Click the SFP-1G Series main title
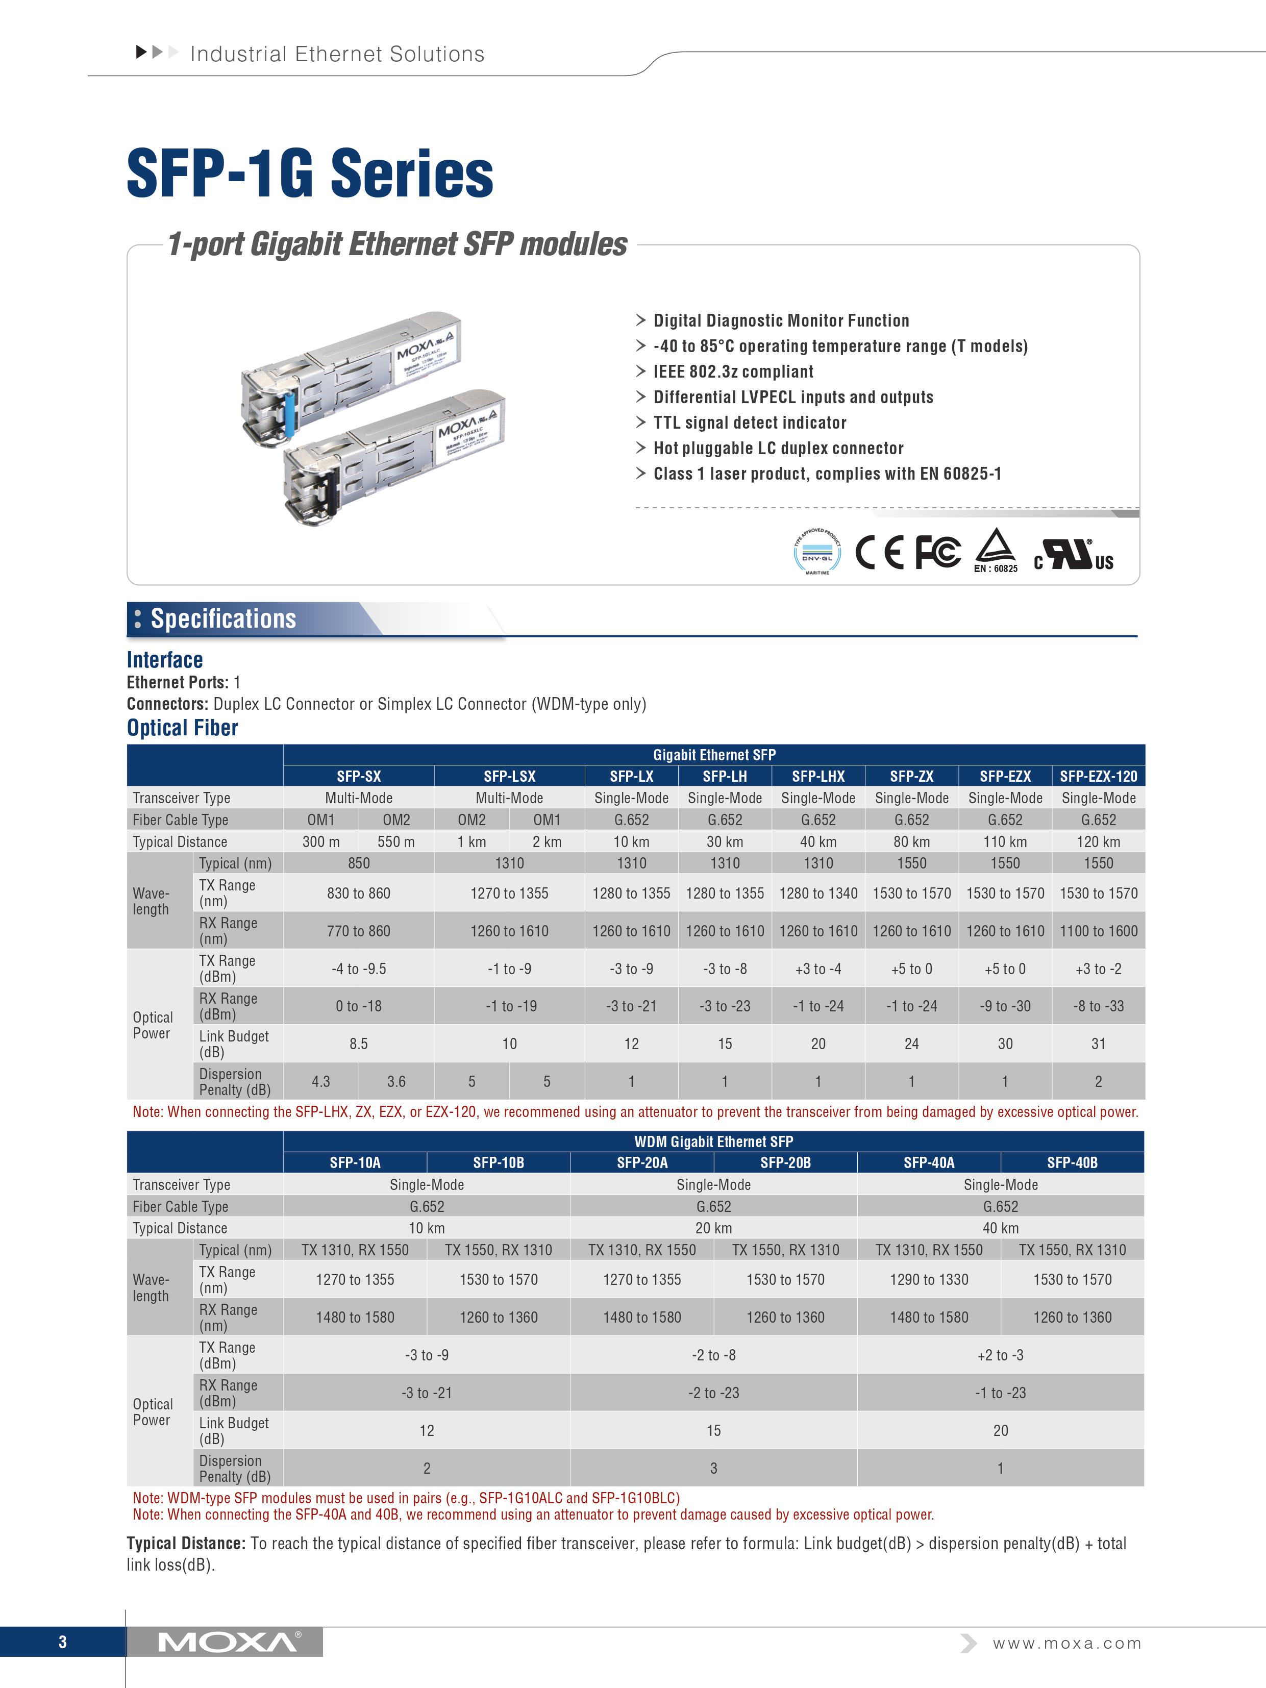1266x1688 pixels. point(310,174)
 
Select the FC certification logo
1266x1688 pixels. point(937,553)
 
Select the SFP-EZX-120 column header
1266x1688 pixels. point(1098,776)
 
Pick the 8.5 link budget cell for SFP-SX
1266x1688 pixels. point(359,1043)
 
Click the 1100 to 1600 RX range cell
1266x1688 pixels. point(1098,931)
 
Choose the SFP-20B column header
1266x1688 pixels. point(785,1162)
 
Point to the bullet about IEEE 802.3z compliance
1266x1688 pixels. point(733,371)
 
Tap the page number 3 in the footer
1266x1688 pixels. point(63,1642)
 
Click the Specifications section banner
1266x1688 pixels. point(223,618)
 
